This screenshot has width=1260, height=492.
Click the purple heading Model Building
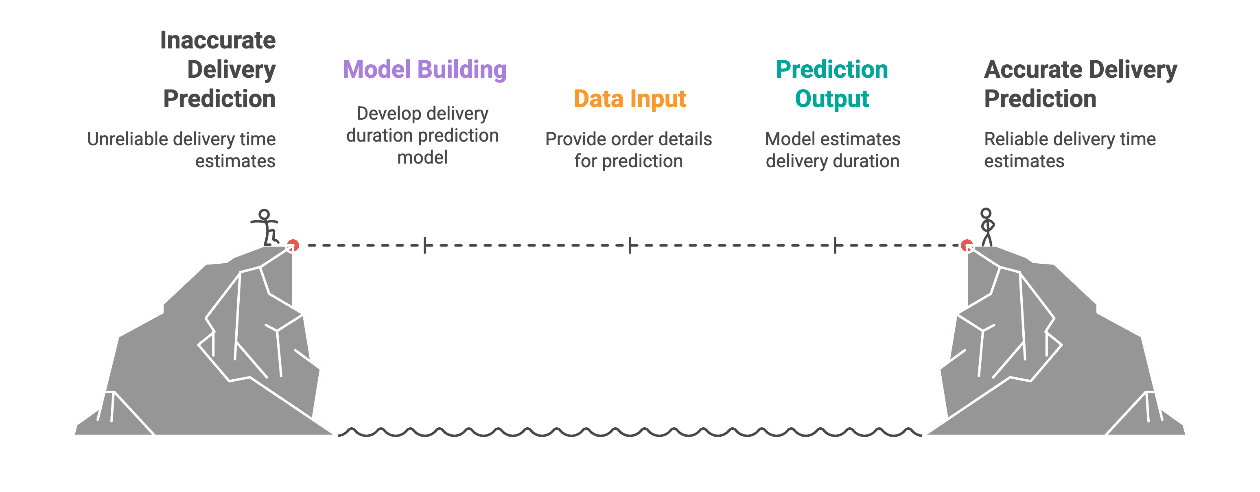[424, 70]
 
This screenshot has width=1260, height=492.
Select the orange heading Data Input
[630, 99]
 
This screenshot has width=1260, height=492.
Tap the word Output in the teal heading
[831, 99]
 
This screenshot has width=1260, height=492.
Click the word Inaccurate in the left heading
[218, 40]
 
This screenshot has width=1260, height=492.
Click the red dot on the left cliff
[293, 245]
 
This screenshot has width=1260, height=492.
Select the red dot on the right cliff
[967, 245]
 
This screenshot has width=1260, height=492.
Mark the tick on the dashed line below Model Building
[425, 245]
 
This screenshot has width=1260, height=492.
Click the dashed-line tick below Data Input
[630, 245]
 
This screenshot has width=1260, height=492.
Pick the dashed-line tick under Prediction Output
[835, 245]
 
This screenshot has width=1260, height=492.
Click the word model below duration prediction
[422, 157]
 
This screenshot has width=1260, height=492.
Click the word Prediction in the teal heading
[831, 70]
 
